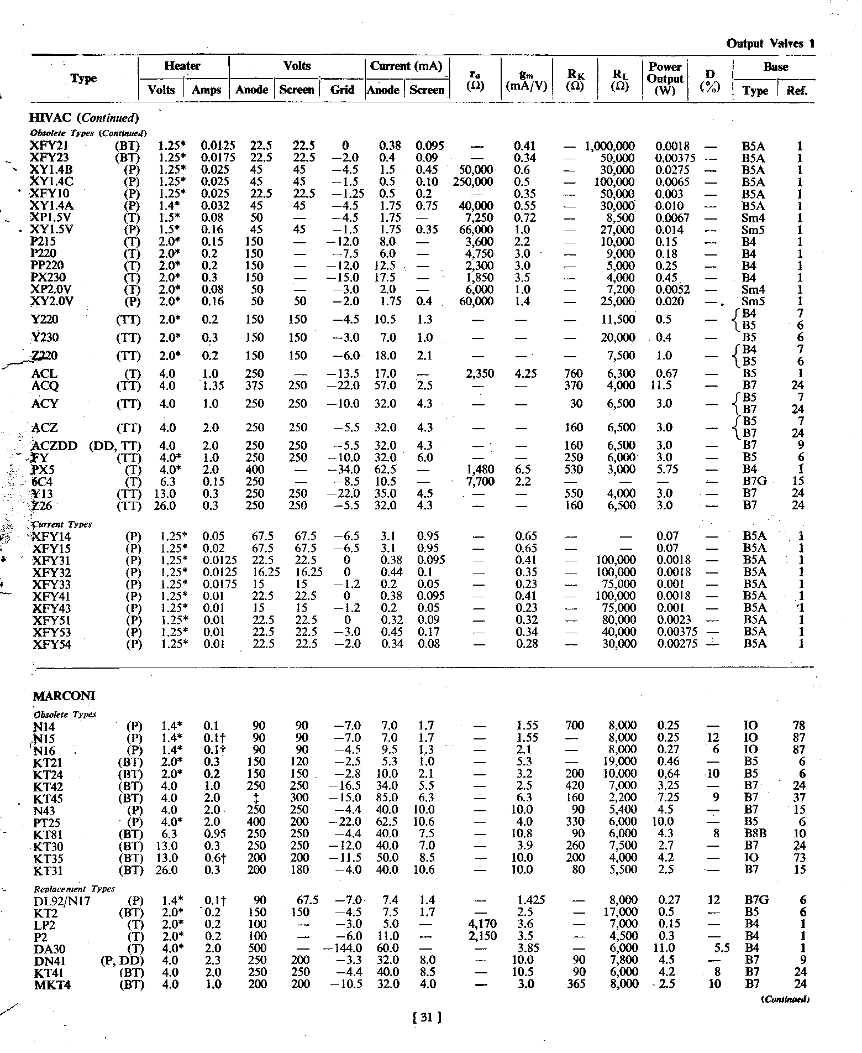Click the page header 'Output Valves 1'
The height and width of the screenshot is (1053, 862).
coord(770,44)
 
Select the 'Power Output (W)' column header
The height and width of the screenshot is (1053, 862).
coord(665,79)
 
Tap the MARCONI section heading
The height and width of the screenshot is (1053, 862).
coord(64,696)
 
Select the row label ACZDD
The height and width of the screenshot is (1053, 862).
coord(55,446)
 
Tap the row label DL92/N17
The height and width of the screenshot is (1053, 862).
coord(62,900)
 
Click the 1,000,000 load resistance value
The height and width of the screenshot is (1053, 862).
coord(609,146)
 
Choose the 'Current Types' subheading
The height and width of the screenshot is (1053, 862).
coord(62,524)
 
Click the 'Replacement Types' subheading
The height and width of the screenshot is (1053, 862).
coord(74,889)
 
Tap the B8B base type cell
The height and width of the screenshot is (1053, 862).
coord(755,833)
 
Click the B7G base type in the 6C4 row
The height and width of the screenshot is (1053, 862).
coord(755,482)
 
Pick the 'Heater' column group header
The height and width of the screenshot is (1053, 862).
coord(182,66)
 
